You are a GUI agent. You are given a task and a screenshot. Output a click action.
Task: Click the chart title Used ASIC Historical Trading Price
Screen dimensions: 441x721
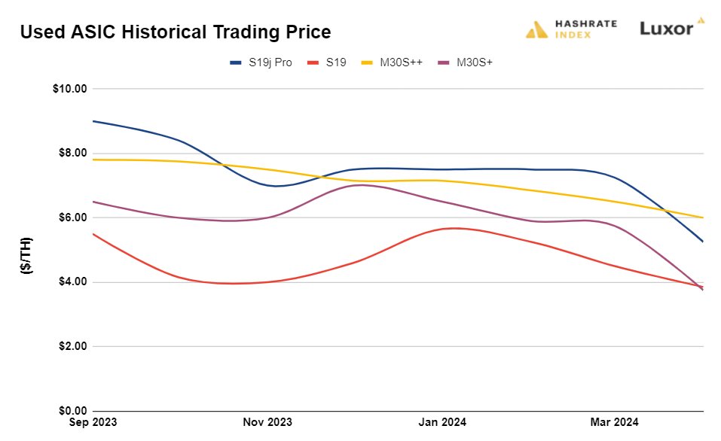(x=175, y=32)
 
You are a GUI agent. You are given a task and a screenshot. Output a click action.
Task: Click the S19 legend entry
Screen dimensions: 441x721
(x=328, y=62)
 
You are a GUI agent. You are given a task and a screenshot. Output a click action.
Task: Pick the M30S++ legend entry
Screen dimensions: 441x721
(x=393, y=62)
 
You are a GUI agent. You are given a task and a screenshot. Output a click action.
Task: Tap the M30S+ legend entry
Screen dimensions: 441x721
(x=466, y=62)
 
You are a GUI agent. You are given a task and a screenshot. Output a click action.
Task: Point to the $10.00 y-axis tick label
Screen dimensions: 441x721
(x=70, y=88)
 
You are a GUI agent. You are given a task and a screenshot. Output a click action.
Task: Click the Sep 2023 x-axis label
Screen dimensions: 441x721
(x=93, y=422)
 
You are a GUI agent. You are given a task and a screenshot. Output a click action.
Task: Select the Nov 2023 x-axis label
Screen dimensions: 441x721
(x=267, y=422)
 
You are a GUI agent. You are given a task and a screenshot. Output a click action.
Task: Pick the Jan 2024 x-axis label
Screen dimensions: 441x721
(x=441, y=422)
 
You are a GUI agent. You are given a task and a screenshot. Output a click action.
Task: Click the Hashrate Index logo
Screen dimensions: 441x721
(x=571, y=29)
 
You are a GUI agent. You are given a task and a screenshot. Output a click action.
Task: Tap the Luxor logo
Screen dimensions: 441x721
(x=671, y=28)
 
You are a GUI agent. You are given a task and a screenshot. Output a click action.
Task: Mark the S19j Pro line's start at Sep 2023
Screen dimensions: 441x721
(x=93, y=121)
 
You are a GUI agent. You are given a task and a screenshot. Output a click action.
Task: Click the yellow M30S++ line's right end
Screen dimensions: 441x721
(x=703, y=217)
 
